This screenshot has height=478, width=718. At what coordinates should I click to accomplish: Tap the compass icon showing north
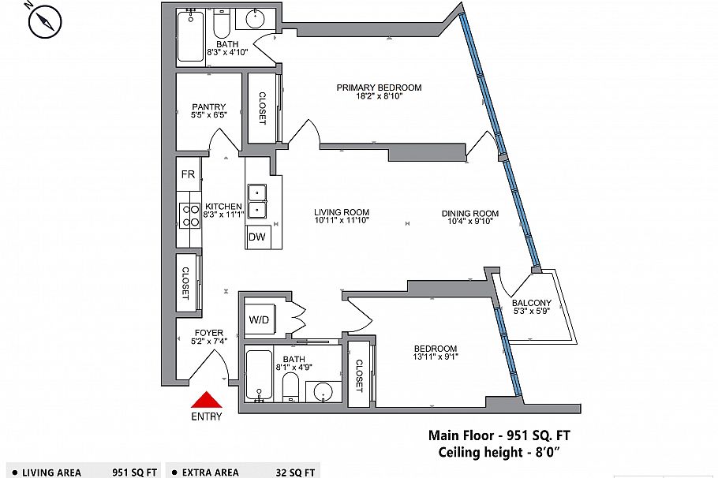(x=45, y=21)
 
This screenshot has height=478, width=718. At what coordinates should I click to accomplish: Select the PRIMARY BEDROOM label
(x=379, y=88)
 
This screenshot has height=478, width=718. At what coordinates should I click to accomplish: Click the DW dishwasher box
(x=256, y=237)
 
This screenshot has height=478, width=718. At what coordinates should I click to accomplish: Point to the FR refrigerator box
(x=188, y=174)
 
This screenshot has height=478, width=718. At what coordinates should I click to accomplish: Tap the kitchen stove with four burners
(x=190, y=215)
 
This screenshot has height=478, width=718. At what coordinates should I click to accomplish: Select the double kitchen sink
(x=257, y=201)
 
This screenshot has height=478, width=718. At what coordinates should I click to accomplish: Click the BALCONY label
(x=531, y=303)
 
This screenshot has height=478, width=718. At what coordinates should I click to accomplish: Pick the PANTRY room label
(x=208, y=107)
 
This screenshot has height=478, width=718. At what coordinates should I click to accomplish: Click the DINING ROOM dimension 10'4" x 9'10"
(x=469, y=222)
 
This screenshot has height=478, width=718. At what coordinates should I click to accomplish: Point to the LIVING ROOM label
(x=341, y=212)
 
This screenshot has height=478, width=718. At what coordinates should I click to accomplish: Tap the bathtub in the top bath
(x=190, y=36)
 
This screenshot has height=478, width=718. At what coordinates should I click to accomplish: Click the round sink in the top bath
(x=257, y=21)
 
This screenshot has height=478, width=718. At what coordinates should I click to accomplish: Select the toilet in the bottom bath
(x=290, y=387)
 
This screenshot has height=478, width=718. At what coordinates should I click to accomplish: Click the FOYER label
(x=208, y=333)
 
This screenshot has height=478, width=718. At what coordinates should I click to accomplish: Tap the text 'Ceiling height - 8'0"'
(x=499, y=452)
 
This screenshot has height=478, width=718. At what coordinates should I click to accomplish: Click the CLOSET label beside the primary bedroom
(x=263, y=108)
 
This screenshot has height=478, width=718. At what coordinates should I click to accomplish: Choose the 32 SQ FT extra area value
(x=297, y=472)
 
